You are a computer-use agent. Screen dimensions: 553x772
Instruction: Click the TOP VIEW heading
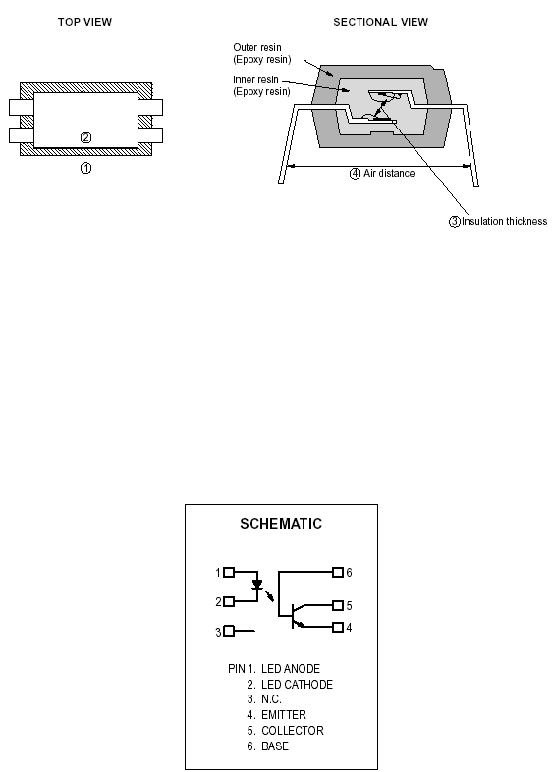[x=84, y=22]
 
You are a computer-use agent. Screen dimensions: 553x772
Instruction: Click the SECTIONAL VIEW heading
[x=380, y=22]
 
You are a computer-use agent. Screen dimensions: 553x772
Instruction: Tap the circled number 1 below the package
[x=85, y=168]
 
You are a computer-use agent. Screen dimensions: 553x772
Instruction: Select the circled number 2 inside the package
[x=85, y=138]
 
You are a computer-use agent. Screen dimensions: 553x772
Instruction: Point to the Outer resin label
[x=261, y=53]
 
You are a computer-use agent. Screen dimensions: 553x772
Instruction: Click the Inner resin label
[x=261, y=85]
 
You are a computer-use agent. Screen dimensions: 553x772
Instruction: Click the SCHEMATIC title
[x=281, y=524]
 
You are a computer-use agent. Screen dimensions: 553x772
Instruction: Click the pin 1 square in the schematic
[x=229, y=572]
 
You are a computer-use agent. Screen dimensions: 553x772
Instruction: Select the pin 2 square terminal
[x=229, y=601]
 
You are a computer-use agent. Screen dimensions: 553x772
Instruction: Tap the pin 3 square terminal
[x=229, y=631]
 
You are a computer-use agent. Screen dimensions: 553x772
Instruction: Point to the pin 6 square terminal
[x=338, y=572]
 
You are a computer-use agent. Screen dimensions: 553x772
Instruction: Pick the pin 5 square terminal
[x=338, y=605]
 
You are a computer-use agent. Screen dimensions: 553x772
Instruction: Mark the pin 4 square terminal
[x=338, y=627]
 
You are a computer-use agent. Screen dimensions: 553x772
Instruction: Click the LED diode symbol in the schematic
[x=256, y=585]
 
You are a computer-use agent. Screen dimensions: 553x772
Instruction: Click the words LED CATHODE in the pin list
[x=297, y=685]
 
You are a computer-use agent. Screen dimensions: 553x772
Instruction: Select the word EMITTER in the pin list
[x=284, y=715]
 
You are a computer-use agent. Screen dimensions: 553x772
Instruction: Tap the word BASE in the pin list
[x=275, y=746]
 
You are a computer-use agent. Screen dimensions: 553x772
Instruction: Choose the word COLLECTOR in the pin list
[x=293, y=731]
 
